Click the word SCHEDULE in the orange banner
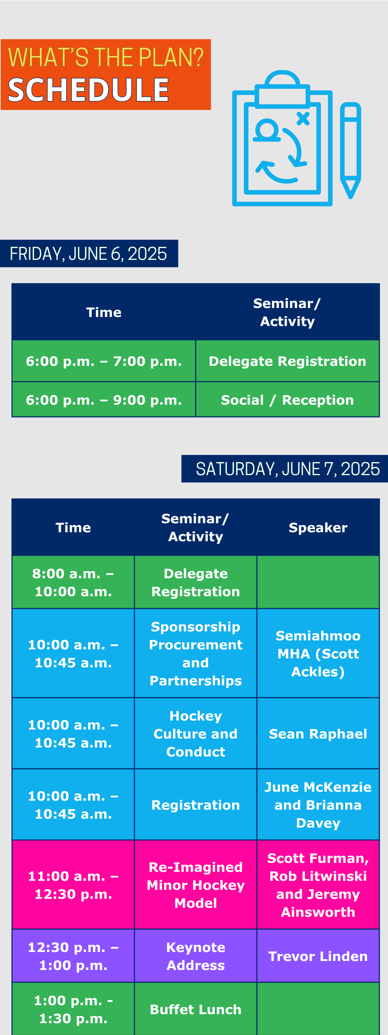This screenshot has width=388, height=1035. pos(88,89)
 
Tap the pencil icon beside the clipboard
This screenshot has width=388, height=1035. pos(350,150)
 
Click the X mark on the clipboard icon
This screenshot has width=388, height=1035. pos(303,119)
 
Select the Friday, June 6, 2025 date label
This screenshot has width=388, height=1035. pos(89,253)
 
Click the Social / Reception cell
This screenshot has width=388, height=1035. pos(287,400)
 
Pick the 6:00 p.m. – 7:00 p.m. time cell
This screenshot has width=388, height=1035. pos(103,361)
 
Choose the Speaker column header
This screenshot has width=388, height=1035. pos(318,528)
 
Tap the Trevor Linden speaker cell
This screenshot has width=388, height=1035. pos(318,956)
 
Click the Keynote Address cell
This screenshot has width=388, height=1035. pos(195,956)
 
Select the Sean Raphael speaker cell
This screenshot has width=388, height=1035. pos(318,733)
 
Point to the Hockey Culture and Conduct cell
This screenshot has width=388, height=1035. pos(195,733)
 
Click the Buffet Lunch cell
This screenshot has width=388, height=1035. pos(195,1009)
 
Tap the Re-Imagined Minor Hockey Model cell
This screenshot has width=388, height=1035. pos(195,885)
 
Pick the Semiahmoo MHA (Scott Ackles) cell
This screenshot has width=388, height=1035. pos(318,653)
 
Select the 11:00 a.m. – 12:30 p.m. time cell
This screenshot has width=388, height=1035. pos(73,885)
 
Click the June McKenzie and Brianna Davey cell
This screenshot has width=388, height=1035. pos(318,805)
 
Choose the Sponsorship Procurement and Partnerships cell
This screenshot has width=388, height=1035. pos(195,653)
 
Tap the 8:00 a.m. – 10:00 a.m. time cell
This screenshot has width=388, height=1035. pos(73,582)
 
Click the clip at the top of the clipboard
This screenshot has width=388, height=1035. pos(283,89)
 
